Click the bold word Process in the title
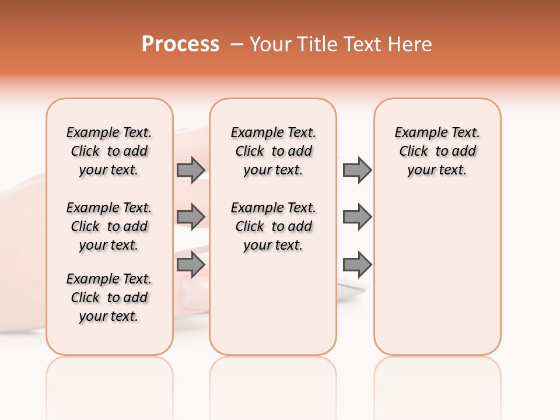[180, 44]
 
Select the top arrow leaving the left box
[191, 170]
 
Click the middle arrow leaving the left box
[191, 217]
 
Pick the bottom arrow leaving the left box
[191, 264]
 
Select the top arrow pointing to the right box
[357, 170]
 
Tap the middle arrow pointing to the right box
[357, 217]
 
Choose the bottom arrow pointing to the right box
[357, 264]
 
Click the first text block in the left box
[109, 151]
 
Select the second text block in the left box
[109, 226]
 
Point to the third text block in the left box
[109, 297]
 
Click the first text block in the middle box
[273, 151]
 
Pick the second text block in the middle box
[273, 226]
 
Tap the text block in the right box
[437, 151]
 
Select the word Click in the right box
[414, 152]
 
